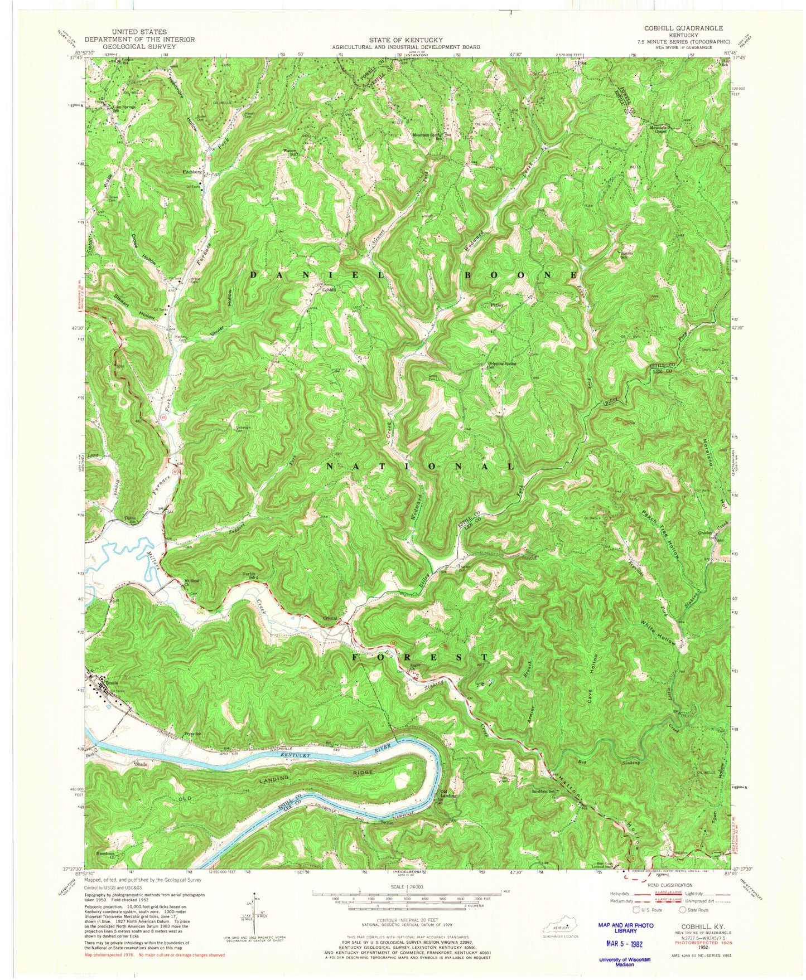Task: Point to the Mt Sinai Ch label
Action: click(x=192, y=581)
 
